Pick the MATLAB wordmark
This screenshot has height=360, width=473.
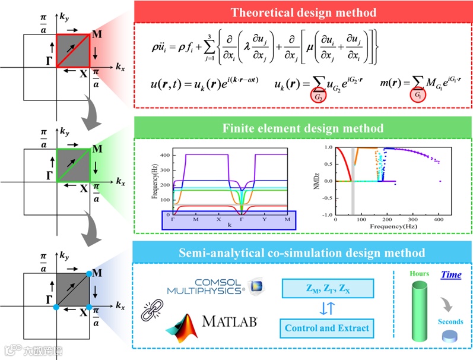pos(230,322)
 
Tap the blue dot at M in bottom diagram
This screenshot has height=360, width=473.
pos(90,273)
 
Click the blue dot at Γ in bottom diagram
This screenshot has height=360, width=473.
pos(56,307)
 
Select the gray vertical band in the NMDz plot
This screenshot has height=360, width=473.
pos(354,181)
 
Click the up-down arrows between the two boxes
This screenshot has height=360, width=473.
pos(328,308)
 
